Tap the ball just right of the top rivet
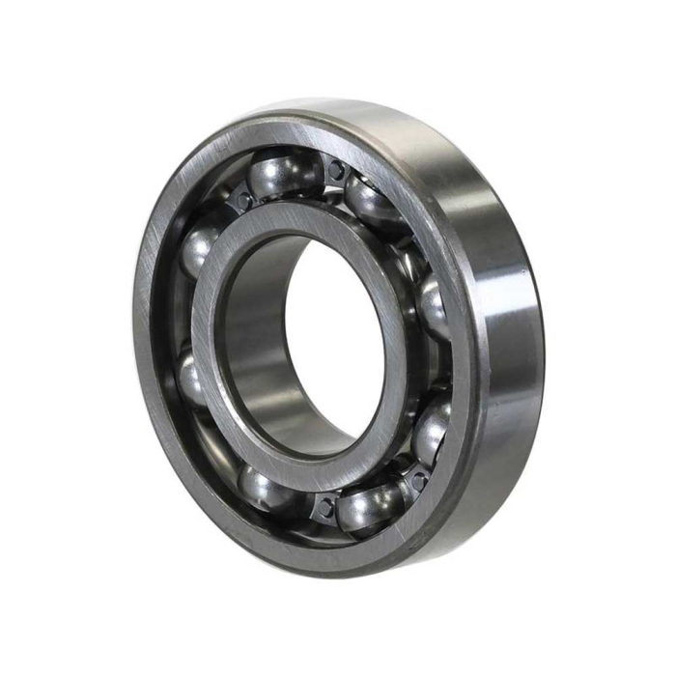click(373, 204)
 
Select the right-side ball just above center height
click(433, 307)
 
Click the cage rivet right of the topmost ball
click(335, 170)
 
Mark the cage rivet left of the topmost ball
click(242, 200)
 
